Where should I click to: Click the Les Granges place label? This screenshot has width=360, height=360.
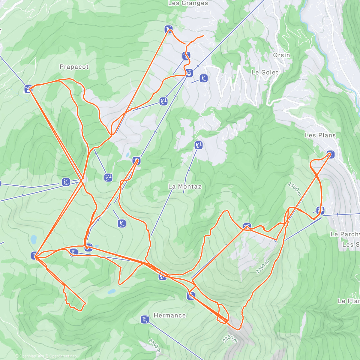click(x=188, y=3)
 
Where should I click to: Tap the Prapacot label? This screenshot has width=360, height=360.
click(x=74, y=67)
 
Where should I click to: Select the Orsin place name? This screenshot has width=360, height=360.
click(x=281, y=55)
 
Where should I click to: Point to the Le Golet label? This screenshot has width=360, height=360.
click(x=265, y=72)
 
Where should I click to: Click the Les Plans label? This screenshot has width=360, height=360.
click(x=320, y=135)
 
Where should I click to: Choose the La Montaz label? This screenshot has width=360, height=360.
click(x=185, y=187)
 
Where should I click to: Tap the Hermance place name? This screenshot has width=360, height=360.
click(x=169, y=315)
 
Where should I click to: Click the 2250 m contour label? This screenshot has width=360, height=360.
click(x=230, y=339)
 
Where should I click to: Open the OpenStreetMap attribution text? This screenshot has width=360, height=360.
click(x=63, y=356)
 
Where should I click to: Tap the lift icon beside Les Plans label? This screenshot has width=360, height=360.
click(x=330, y=154)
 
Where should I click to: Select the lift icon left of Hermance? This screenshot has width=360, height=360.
click(x=145, y=320)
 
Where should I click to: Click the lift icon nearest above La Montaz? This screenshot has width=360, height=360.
click(x=198, y=145)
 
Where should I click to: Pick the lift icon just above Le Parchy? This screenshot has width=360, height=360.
click(x=320, y=210)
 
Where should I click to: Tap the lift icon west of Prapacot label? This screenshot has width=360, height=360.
click(x=28, y=89)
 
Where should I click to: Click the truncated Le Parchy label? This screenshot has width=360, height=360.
click(x=345, y=234)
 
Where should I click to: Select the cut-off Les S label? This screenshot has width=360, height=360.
click(x=351, y=244)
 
